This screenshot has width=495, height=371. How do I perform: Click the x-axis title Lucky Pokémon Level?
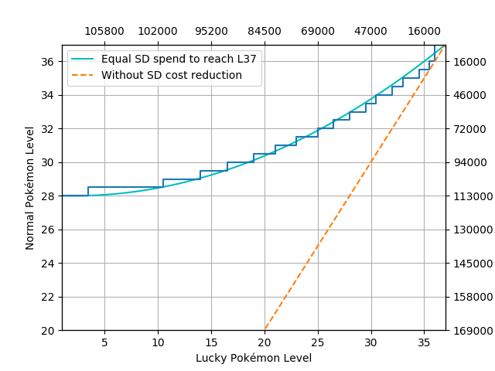(254, 358)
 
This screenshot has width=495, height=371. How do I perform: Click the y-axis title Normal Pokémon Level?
(31, 188)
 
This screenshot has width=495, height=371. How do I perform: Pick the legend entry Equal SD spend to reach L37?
(179, 59)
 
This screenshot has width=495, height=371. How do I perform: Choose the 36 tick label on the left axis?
(47, 62)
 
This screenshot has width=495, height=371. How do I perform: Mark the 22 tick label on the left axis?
(47, 297)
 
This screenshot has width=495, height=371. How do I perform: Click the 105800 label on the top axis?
(104, 32)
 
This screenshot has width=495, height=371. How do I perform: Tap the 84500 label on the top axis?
(265, 32)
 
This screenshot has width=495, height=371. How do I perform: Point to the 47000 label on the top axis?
(371, 32)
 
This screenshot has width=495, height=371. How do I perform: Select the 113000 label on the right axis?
(470, 196)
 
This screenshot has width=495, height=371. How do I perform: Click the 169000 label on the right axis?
(470, 331)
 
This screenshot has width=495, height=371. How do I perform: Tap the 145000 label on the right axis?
(470, 264)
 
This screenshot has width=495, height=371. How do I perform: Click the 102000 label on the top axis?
(158, 32)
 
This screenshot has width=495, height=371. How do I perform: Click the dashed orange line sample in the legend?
(84, 75)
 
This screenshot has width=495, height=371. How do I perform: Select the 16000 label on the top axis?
(424, 32)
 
